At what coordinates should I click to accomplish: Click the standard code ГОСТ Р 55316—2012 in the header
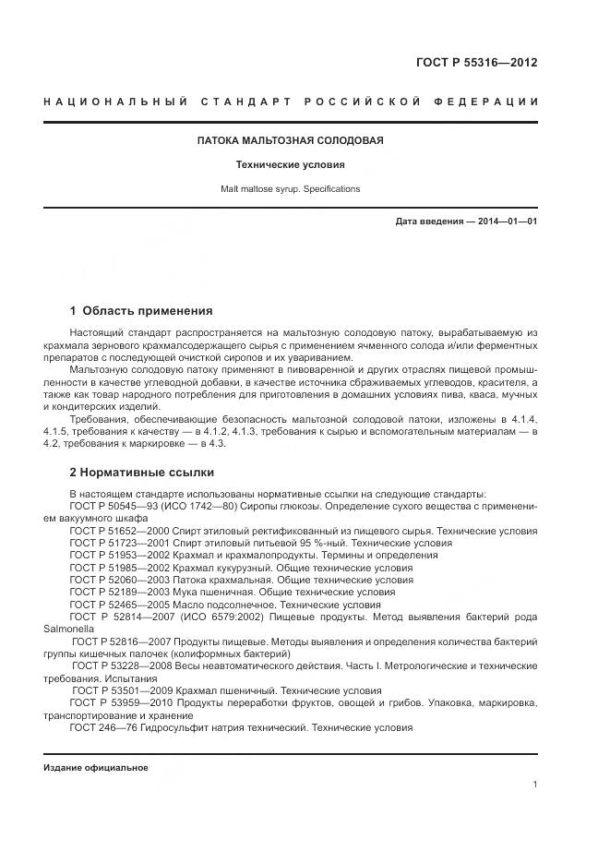click(x=477, y=63)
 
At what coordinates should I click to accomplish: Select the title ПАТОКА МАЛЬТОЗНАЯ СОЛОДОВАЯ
click(x=290, y=141)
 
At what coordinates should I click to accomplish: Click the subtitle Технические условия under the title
click(x=290, y=165)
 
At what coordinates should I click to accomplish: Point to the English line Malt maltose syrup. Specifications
click(x=290, y=188)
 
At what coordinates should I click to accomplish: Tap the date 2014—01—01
click(x=506, y=222)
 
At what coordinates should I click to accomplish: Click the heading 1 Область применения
click(x=141, y=311)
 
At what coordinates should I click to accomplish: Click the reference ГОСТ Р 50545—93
click(x=112, y=507)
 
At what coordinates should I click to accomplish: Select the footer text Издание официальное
click(x=96, y=767)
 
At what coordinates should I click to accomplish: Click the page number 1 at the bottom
click(x=535, y=785)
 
